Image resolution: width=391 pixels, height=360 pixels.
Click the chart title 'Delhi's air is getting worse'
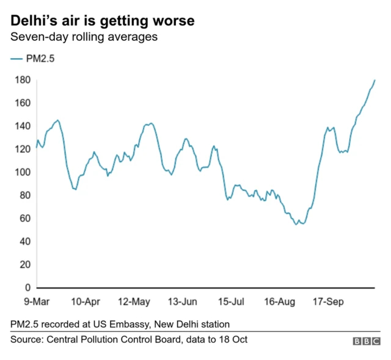coord(103,21)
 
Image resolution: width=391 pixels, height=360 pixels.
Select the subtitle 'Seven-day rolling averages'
coord(84,37)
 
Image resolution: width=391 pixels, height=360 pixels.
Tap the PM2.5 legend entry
coord(35,59)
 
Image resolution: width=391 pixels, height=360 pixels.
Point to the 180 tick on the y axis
coord(23,80)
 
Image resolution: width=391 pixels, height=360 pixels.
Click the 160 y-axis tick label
coord(23,103)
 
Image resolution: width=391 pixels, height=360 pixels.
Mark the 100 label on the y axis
coord(23,173)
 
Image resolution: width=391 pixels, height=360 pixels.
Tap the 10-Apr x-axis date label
coord(86,301)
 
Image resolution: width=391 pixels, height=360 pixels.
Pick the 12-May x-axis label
coord(134,301)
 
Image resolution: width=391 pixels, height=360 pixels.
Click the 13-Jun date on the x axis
coord(182,301)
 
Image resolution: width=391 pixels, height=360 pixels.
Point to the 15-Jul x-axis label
coord(230,301)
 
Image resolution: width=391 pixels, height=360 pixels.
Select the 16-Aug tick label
coord(279,301)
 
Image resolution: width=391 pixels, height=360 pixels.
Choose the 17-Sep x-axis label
coord(327,301)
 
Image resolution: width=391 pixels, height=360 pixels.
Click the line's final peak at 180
coord(375,80)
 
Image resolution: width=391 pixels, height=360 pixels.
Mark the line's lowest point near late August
coord(297,225)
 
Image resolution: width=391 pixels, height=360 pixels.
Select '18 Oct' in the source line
coord(233,339)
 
